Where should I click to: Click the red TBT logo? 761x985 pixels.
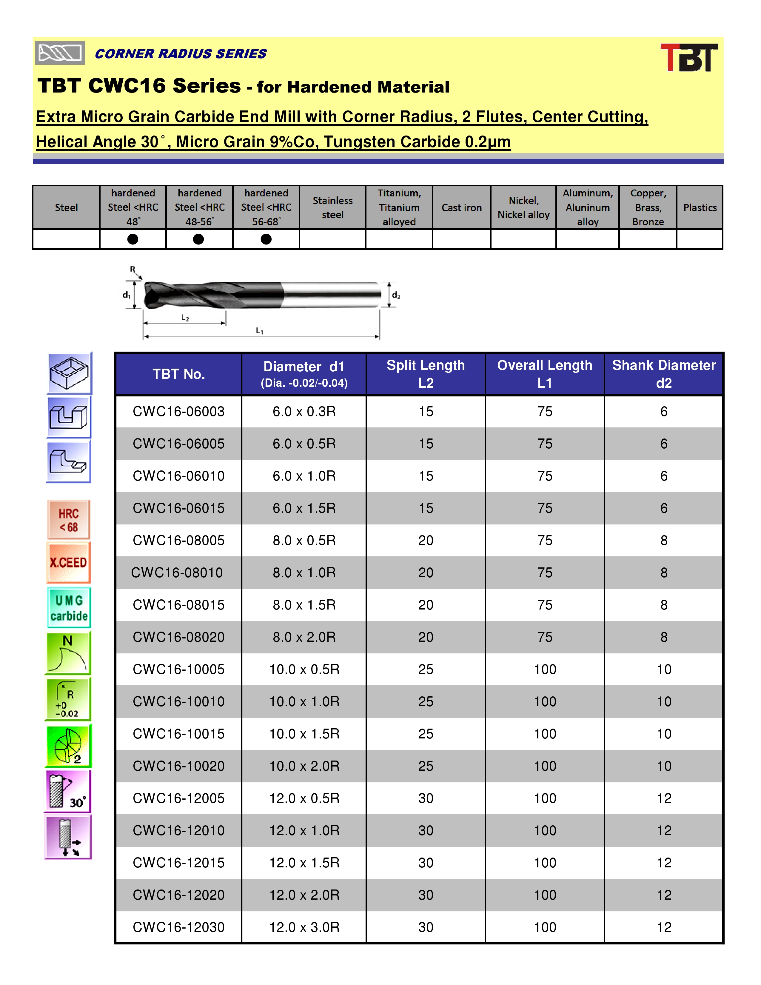point(689,57)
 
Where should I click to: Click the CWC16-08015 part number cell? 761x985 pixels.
point(178,605)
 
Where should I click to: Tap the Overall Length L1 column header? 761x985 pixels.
point(545,374)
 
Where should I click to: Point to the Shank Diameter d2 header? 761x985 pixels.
point(664,374)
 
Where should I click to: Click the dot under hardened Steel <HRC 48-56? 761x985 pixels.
point(198,239)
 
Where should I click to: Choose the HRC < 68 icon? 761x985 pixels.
point(69,520)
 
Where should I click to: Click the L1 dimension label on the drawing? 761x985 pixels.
point(259,331)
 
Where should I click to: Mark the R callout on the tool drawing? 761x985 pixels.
point(133,269)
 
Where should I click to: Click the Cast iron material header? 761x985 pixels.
point(462,207)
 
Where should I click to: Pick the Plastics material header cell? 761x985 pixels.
point(700,207)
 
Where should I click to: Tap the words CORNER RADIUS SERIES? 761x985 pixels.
point(180,54)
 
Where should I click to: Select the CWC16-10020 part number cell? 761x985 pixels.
point(178,766)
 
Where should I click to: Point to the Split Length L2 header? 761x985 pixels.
point(426,374)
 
